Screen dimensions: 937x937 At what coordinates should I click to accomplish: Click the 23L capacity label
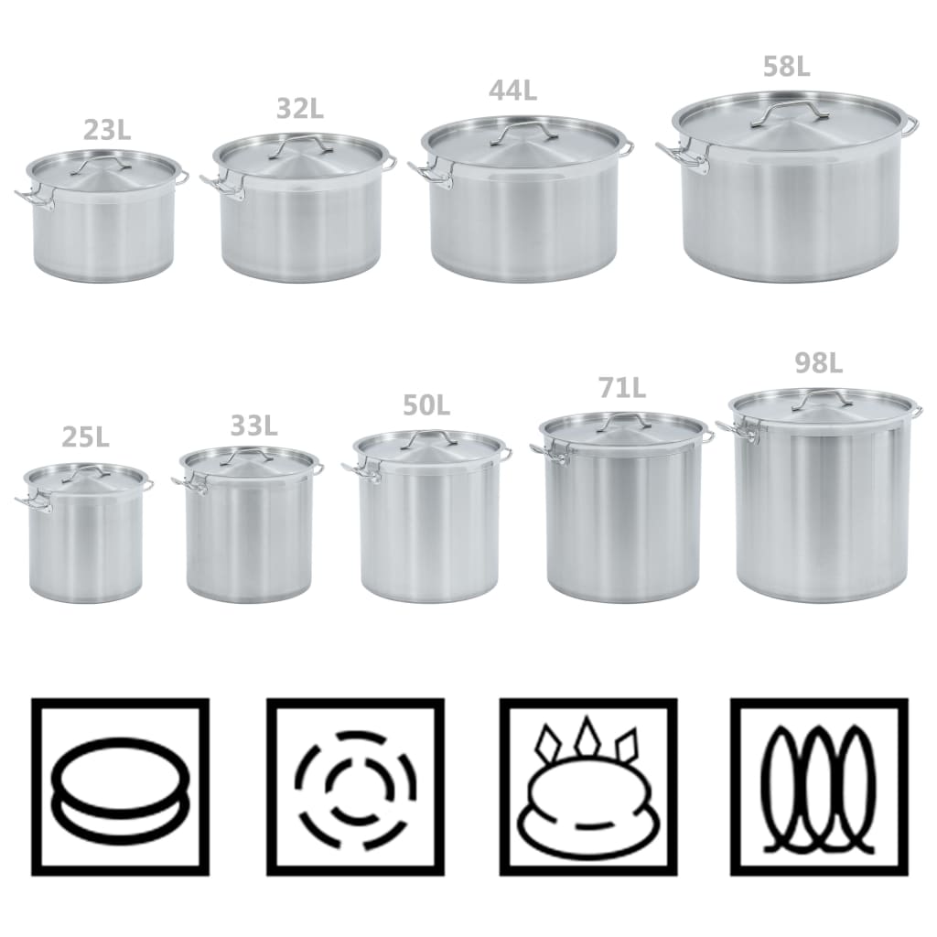click(107, 130)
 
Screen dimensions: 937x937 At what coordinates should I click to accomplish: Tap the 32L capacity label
click(300, 108)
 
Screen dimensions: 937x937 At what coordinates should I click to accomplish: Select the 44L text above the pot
click(512, 90)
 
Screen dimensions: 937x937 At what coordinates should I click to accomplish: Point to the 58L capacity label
click(786, 66)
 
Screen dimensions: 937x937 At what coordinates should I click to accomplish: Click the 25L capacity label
click(85, 437)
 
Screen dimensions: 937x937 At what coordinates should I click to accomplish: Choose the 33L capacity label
click(254, 425)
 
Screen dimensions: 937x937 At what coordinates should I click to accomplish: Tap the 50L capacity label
click(426, 405)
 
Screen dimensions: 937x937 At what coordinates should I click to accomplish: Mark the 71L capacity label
click(622, 388)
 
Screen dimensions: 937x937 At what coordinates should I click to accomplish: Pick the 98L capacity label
click(818, 362)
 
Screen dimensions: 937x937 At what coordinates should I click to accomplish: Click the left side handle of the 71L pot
click(549, 453)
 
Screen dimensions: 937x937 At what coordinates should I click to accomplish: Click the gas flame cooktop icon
click(588, 787)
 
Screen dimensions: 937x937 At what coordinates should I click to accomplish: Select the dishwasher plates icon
click(819, 787)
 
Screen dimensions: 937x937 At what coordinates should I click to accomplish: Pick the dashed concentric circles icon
click(356, 787)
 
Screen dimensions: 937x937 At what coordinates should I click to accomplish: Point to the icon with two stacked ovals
click(120, 787)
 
